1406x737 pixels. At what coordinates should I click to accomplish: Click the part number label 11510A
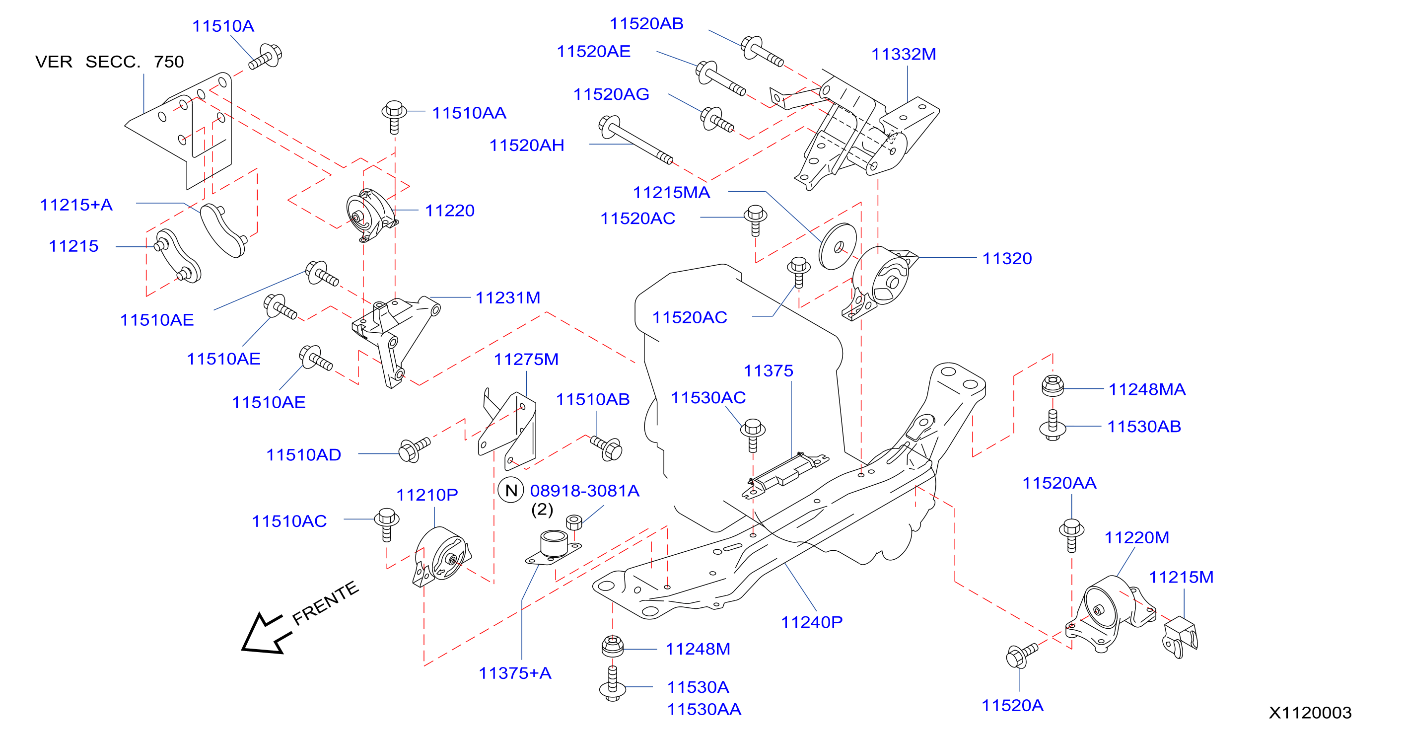click(x=223, y=26)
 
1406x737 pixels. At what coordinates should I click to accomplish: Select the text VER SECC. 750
click(x=110, y=62)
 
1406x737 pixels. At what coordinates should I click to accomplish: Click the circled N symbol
click(x=511, y=490)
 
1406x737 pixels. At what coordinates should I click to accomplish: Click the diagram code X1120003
click(x=1310, y=713)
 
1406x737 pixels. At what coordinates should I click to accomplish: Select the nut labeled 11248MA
click(x=1053, y=385)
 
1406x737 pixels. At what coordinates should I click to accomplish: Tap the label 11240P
click(x=812, y=622)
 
